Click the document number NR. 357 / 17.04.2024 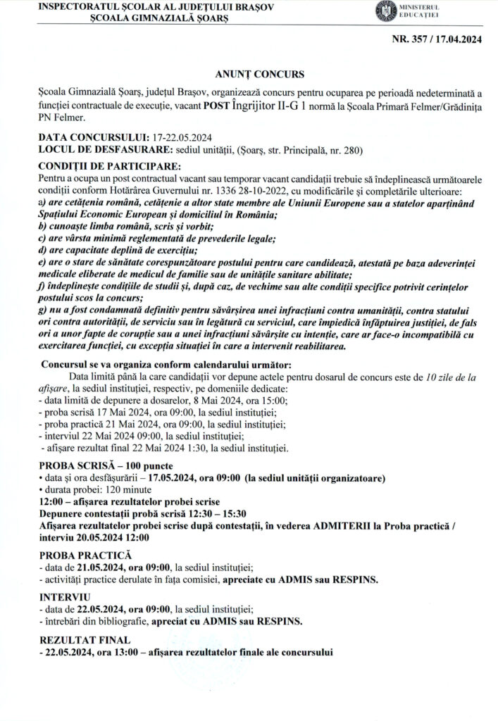[x=437, y=40]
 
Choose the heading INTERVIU [x=61, y=597]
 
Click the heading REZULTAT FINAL [x=85, y=639]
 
